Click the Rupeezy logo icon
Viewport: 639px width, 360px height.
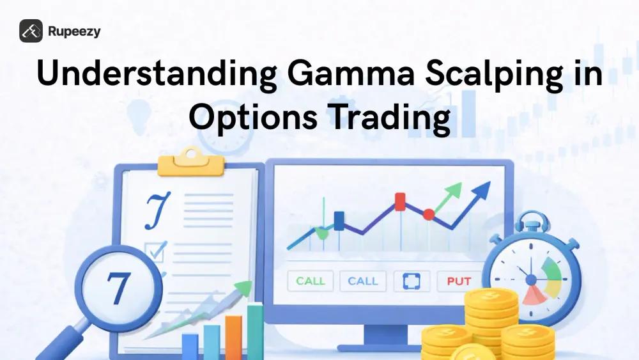coord(31,31)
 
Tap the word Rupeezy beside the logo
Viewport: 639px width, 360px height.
coord(73,31)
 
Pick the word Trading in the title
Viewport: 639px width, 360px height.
coord(384,119)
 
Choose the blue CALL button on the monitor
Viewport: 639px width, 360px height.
coord(363,281)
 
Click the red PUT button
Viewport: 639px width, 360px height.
coord(459,281)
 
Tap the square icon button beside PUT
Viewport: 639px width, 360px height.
coord(411,281)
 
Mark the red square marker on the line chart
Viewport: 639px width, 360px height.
coord(401,201)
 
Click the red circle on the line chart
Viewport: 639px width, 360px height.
coord(429,214)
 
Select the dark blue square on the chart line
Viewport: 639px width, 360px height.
coord(339,220)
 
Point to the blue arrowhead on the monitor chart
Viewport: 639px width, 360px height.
coord(483,189)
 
